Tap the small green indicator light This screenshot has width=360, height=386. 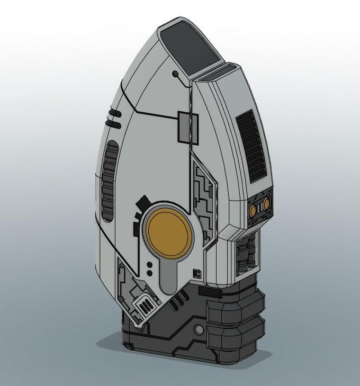pos(175,74)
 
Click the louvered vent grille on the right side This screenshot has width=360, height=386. pos(253,145)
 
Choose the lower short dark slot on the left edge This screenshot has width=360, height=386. pos(113,123)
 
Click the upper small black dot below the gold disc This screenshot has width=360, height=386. pos(150,264)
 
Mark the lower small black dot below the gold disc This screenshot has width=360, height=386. pos(150,273)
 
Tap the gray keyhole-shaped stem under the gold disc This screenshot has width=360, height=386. pos(168,275)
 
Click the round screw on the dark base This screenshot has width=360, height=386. pos(199,329)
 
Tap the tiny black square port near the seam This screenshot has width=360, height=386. pos(197,273)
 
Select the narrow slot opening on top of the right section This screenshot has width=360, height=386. pos(217,75)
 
